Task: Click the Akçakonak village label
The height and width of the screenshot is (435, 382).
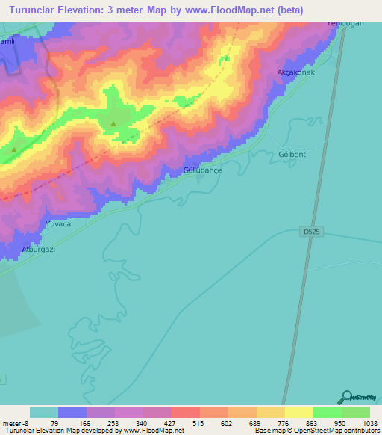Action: coord(296,72)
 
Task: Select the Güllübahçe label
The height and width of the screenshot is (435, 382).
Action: coord(202,170)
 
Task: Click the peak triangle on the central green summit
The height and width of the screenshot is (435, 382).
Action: coord(113,123)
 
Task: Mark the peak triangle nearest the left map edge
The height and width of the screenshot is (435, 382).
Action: coord(14,150)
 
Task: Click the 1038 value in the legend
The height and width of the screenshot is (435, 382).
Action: coord(361,423)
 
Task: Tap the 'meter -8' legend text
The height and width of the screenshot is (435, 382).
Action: coord(16,423)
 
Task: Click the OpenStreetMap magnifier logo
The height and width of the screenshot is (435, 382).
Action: coord(345,398)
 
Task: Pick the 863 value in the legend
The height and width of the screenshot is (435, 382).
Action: coord(302,423)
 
